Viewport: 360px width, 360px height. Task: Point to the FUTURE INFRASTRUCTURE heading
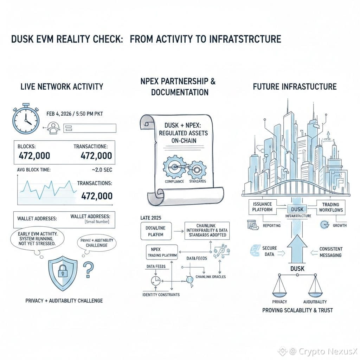point(295,86)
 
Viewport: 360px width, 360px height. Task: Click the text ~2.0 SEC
point(102,170)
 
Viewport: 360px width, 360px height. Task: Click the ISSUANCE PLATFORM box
point(262,206)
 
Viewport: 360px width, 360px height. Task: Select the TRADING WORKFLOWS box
point(330,206)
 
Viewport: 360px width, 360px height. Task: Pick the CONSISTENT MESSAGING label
point(331,252)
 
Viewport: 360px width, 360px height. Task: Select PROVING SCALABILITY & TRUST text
point(297,310)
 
